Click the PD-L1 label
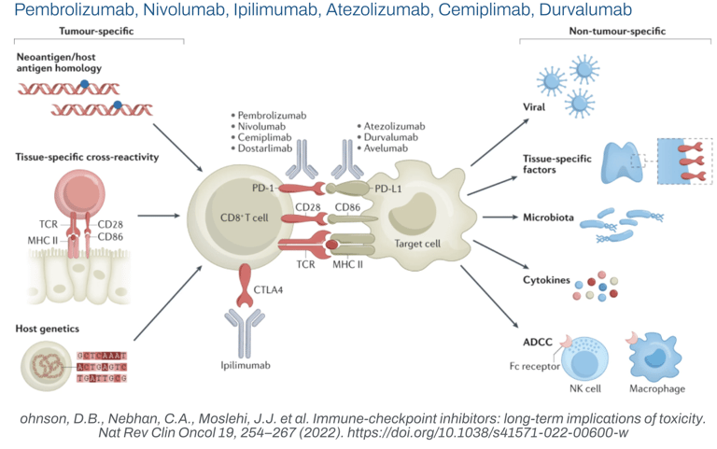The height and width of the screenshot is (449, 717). coord(388,187)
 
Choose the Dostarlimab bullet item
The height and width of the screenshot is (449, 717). coord(267,159)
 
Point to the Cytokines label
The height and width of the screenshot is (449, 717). coord(546,278)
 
